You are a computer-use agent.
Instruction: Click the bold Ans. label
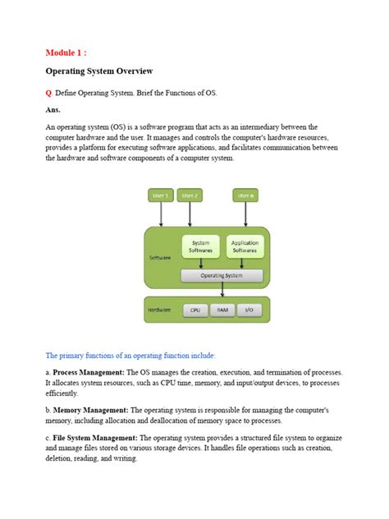[55, 108]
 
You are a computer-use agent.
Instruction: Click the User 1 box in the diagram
[161, 195]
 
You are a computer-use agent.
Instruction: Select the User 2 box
[190, 195]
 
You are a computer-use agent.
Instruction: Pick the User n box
[245, 195]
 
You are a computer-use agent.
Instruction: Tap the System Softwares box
[201, 246]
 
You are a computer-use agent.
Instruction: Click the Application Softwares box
[245, 246]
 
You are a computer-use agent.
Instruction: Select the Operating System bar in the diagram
[222, 276]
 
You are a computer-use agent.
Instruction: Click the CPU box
[195, 310]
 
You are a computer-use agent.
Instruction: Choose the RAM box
[222, 310]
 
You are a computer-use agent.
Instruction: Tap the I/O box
[249, 310]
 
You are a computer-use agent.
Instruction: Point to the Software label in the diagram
[160, 258]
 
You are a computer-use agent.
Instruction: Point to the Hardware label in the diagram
[159, 310]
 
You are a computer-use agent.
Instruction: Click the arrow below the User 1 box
[161, 214]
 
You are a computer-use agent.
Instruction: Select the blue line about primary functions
[130, 356]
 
